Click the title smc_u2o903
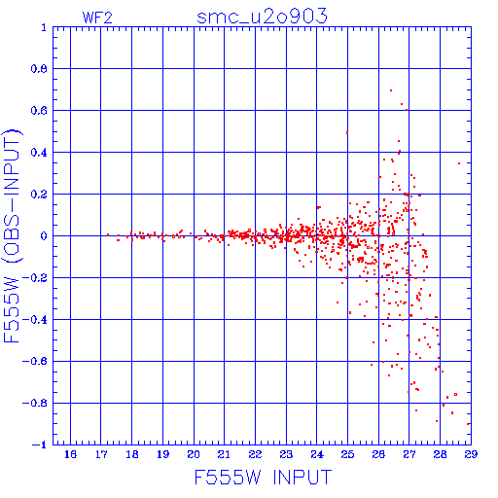(262, 17)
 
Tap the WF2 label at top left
(97, 18)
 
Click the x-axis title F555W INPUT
(263, 478)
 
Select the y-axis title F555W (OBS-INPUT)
(12, 235)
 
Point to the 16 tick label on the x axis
(70, 454)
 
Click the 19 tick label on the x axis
(162, 454)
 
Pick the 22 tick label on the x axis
(255, 454)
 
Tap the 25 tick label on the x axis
(347, 454)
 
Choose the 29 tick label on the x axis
(471, 454)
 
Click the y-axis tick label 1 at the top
(44, 27)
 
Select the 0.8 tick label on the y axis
(39, 69)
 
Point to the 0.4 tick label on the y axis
(39, 153)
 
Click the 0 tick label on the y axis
(44, 236)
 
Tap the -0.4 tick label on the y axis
(35, 320)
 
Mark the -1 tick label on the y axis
(39, 445)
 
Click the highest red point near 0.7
(391, 90)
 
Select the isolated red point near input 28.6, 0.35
(459, 163)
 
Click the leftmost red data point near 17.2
(108, 234)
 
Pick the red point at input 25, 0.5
(347, 132)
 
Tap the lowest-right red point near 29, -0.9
(468, 424)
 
